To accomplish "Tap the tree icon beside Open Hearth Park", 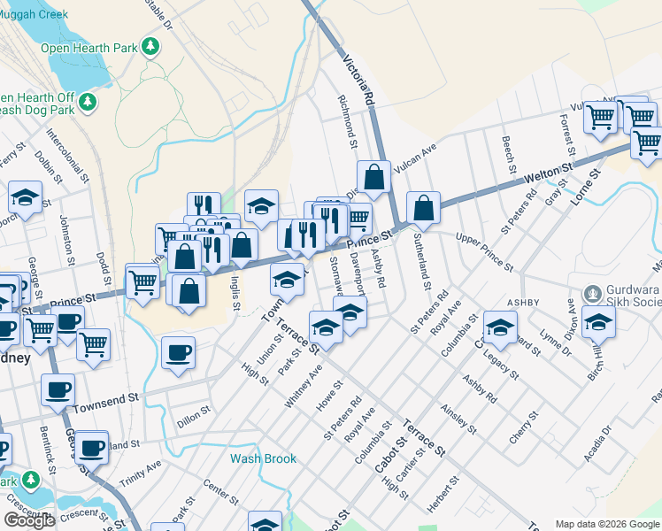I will click(x=151, y=45).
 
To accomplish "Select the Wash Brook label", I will click(x=263, y=459).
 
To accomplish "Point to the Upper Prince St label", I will click(x=483, y=251).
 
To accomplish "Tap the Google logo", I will click(x=29, y=520).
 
